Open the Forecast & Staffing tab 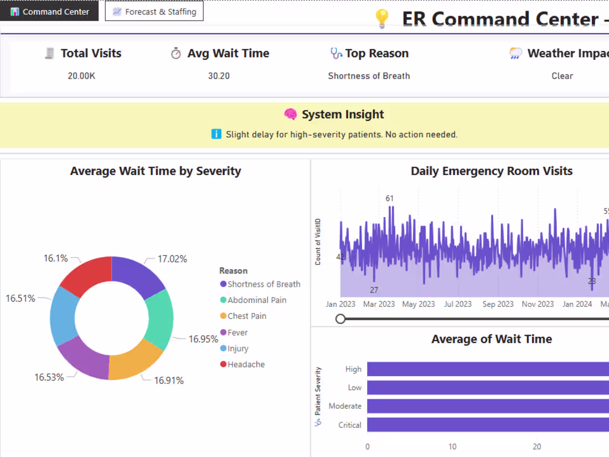(x=154, y=12)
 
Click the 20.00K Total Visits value (x=81, y=76)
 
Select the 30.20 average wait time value (x=219, y=76)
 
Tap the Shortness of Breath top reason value (x=369, y=76)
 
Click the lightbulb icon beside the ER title (x=382, y=19)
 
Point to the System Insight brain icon (x=291, y=115)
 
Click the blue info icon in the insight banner (x=216, y=134)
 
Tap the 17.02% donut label (x=172, y=259)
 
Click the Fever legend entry (x=237, y=332)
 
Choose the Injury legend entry (x=238, y=348)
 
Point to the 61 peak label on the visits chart (x=390, y=198)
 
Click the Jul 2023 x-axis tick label (x=458, y=304)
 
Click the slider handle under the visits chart (x=340, y=319)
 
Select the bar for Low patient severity (x=487, y=388)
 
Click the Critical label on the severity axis (x=350, y=425)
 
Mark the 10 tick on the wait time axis (x=452, y=446)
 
